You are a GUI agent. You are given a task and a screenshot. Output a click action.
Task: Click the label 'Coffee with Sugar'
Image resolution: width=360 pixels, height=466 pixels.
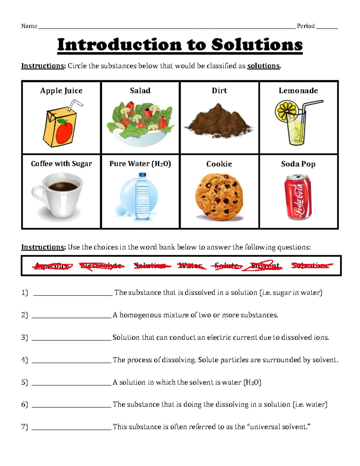[x=61, y=164]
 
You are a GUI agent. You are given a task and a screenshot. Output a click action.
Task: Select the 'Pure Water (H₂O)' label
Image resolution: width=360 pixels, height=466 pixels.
[x=140, y=164]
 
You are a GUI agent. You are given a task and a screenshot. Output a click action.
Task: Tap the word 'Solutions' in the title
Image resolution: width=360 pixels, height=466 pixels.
[x=257, y=45]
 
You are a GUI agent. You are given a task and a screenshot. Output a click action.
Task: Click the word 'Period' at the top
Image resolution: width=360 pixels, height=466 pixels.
[x=305, y=26]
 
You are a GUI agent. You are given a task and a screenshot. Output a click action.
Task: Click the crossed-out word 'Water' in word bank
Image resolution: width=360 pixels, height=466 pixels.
[x=190, y=266]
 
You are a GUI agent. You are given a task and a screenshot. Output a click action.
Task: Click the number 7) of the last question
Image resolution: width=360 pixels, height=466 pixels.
[x=25, y=427]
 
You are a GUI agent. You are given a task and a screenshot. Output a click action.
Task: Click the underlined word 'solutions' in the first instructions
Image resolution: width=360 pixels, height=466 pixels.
[x=263, y=66]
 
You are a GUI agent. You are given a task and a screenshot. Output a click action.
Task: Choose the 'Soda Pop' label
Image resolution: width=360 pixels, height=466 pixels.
[x=298, y=164]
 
